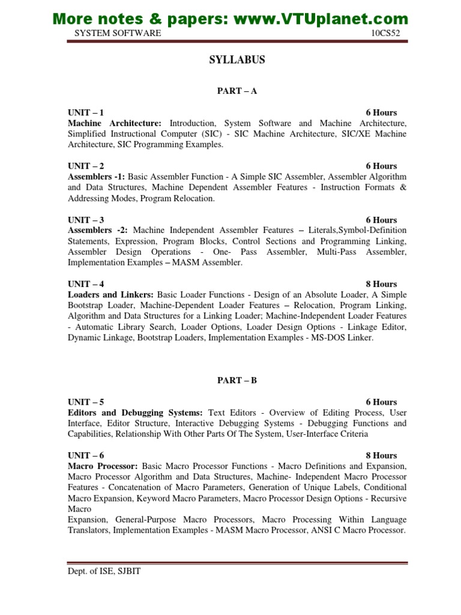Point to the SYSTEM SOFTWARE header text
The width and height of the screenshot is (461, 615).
[x=118, y=33]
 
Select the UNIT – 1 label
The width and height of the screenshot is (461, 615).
[x=86, y=112]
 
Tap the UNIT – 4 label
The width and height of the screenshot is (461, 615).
[x=86, y=283]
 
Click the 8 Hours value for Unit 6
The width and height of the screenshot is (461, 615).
[x=381, y=455]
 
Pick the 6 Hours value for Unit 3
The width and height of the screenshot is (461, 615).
[x=381, y=220]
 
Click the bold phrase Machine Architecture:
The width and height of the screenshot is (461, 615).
[x=115, y=123]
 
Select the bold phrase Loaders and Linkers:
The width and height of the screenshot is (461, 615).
[x=111, y=294]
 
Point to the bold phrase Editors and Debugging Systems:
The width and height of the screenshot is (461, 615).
[x=136, y=413]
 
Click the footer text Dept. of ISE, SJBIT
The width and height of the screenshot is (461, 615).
[x=104, y=571]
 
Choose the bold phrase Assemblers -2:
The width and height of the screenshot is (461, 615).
[x=98, y=231]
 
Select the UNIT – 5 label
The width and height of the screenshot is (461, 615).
[x=86, y=402]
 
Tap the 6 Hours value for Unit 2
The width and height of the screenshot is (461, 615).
[x=381, y=166]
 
